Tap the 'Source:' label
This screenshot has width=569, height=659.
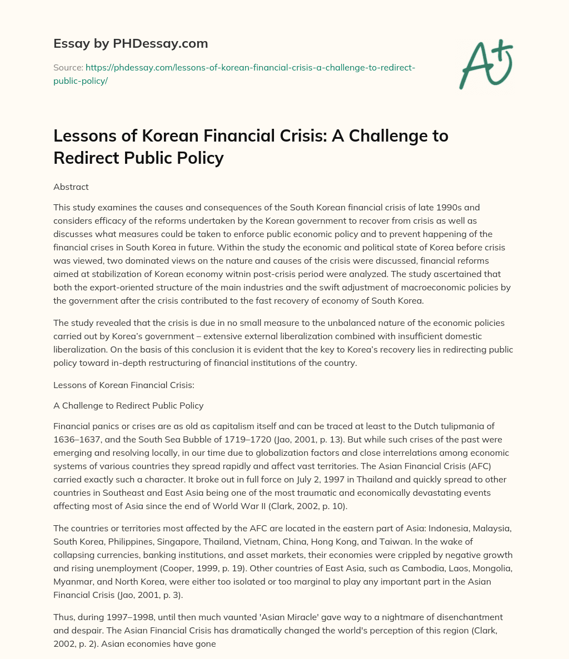click(x=68, y=67)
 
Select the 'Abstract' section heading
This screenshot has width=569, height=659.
click(x=71, y=187)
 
